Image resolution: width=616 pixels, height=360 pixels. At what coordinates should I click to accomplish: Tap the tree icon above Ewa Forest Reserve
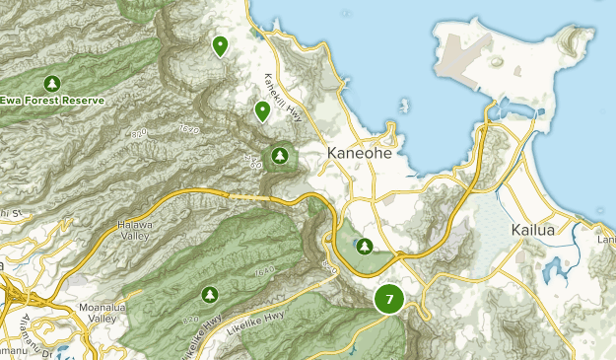point(51,83)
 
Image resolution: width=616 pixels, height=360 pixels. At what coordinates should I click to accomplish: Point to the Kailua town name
point(533,230)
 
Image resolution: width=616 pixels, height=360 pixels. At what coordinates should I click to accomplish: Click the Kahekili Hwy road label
point(282,97)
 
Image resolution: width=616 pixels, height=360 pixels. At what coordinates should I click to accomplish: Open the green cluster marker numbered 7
point(390,299)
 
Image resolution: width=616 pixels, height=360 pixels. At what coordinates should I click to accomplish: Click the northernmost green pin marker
point(220,45)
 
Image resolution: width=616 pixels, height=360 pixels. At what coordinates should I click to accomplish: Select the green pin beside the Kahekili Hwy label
point(262,110)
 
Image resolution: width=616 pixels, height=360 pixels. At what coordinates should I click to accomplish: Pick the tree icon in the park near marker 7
point(365,246)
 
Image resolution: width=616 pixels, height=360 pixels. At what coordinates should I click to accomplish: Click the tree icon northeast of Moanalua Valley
point(209,294)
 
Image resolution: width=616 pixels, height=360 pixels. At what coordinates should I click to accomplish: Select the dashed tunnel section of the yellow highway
point(252,196)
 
